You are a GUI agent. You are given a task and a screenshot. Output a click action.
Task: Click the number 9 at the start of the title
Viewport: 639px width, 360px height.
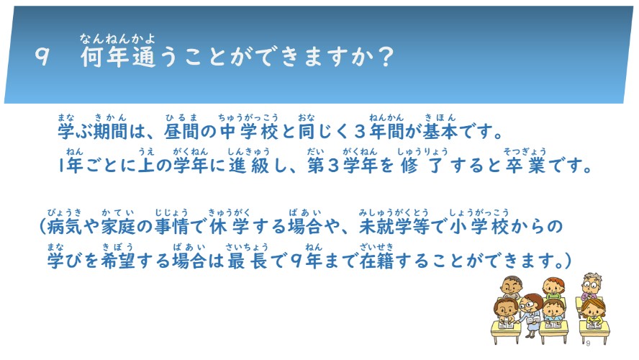pos(42,56)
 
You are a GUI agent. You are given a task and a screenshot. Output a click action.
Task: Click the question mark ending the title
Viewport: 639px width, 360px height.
pos(384,56)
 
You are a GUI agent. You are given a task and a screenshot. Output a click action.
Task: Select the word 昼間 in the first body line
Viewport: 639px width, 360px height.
pos(181,131)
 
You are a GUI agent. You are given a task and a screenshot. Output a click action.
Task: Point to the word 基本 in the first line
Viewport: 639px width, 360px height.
pos(440,131)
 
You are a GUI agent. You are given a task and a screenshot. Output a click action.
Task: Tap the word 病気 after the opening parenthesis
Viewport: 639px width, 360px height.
pos(64,226)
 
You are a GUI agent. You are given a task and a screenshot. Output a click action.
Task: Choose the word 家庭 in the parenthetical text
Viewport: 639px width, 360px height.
pos(118,226)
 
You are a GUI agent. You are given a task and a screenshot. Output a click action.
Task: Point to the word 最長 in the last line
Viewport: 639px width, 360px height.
pos(247,261)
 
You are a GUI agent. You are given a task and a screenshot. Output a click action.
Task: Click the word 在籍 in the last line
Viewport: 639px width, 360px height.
pos(376,261)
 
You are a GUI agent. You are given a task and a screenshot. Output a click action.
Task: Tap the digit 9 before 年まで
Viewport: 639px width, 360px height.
pos(297,261)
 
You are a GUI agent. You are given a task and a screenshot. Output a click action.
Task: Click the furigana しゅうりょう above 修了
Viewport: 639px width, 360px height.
pos(422,152)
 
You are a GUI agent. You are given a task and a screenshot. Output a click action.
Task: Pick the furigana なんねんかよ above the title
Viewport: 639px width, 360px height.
pos(117,39)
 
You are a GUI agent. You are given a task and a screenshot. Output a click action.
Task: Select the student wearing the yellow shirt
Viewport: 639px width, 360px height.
pos(593,313)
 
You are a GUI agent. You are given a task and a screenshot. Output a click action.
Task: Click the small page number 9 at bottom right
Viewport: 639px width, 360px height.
pos(588,343)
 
